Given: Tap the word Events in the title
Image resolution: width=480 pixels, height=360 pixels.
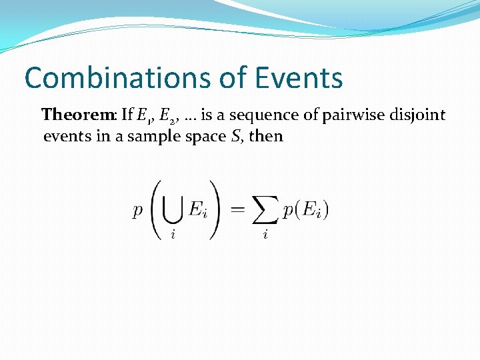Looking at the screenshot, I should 298,78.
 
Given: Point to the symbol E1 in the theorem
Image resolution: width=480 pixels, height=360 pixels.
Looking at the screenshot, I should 142,116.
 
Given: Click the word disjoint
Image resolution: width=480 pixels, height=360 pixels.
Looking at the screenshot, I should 415,115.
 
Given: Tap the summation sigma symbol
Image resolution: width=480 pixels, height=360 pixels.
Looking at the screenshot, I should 266,209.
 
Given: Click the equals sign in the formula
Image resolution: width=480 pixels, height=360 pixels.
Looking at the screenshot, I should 237,209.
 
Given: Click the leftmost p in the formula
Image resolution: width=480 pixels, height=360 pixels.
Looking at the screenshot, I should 138,211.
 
